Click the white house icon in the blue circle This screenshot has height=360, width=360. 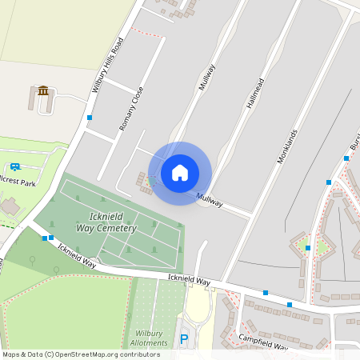(180, 172)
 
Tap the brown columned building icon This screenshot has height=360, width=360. (43, 90)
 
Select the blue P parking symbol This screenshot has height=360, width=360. (184, 339)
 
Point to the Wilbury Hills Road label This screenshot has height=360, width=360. (108, 65)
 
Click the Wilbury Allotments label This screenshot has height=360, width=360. (151, 338)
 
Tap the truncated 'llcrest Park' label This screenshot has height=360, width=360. (18, 183)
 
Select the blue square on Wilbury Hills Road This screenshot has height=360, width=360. (90, 118)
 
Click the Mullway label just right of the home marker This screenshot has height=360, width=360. (210, 200)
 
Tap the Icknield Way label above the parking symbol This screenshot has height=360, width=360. (189, 282)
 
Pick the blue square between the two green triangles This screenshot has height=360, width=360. (308, 248)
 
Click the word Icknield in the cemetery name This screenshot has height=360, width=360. (104, 215)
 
